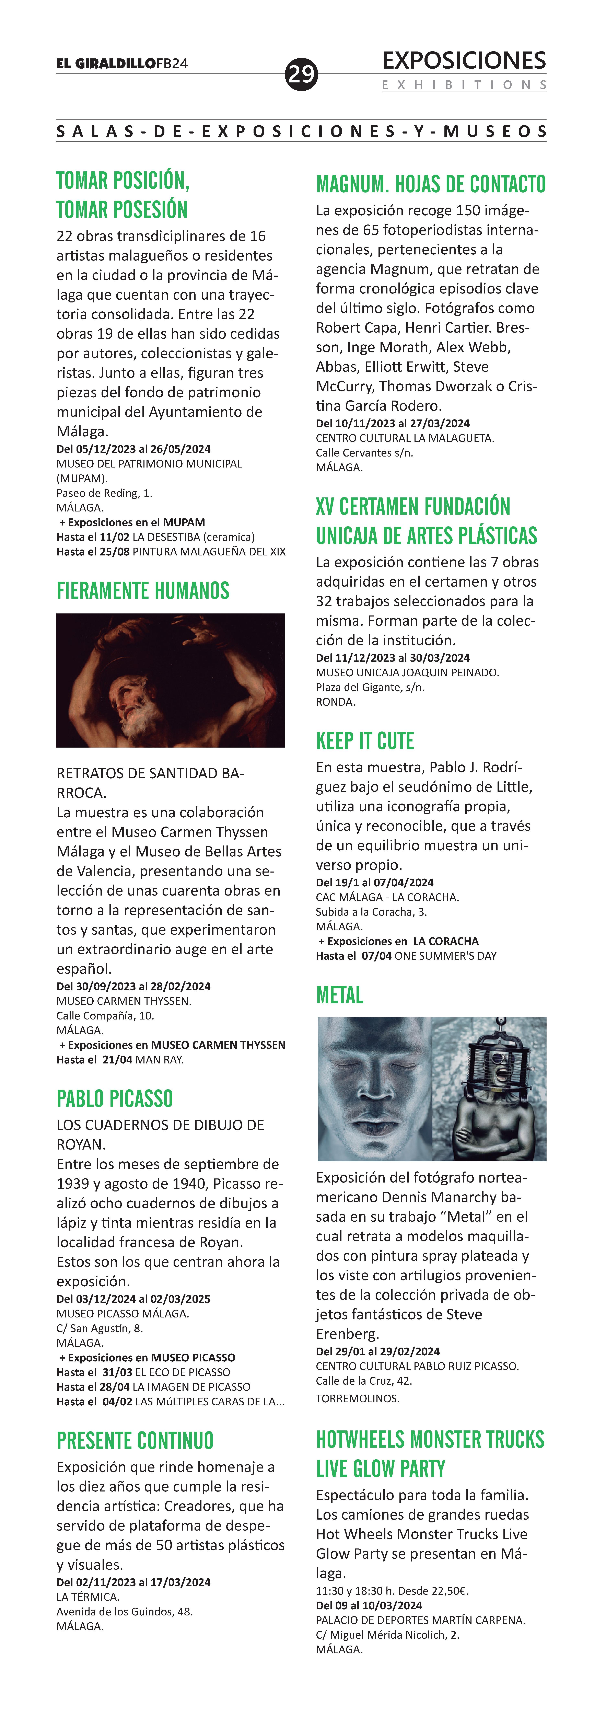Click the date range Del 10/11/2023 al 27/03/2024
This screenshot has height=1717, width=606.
pos(393,423)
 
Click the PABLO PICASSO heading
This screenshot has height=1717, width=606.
pos(115,1098)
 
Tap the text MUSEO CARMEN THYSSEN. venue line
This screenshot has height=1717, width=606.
pos(124,1001)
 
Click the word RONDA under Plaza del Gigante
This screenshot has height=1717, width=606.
pos(335,702)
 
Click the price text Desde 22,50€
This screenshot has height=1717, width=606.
pos(437,1591)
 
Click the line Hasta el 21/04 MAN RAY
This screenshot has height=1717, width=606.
pos(120,1060)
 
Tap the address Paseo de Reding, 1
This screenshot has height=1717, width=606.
pos(105,493)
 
